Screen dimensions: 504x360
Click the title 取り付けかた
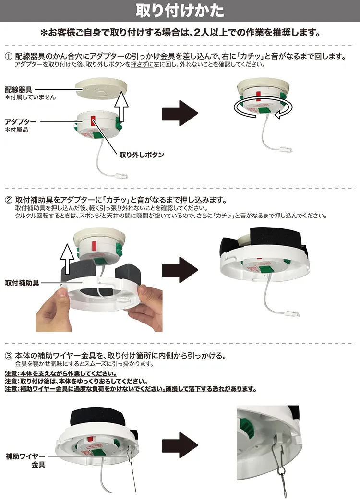(180, 11)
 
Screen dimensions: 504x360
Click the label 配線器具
(19, 89)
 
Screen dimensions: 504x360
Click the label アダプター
(21, 122)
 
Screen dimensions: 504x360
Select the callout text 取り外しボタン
(142, 155)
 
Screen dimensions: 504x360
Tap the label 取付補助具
(22, 282)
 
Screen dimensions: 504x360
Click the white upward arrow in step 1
(123, 107)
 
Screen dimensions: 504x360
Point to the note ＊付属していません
(31, 97)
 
